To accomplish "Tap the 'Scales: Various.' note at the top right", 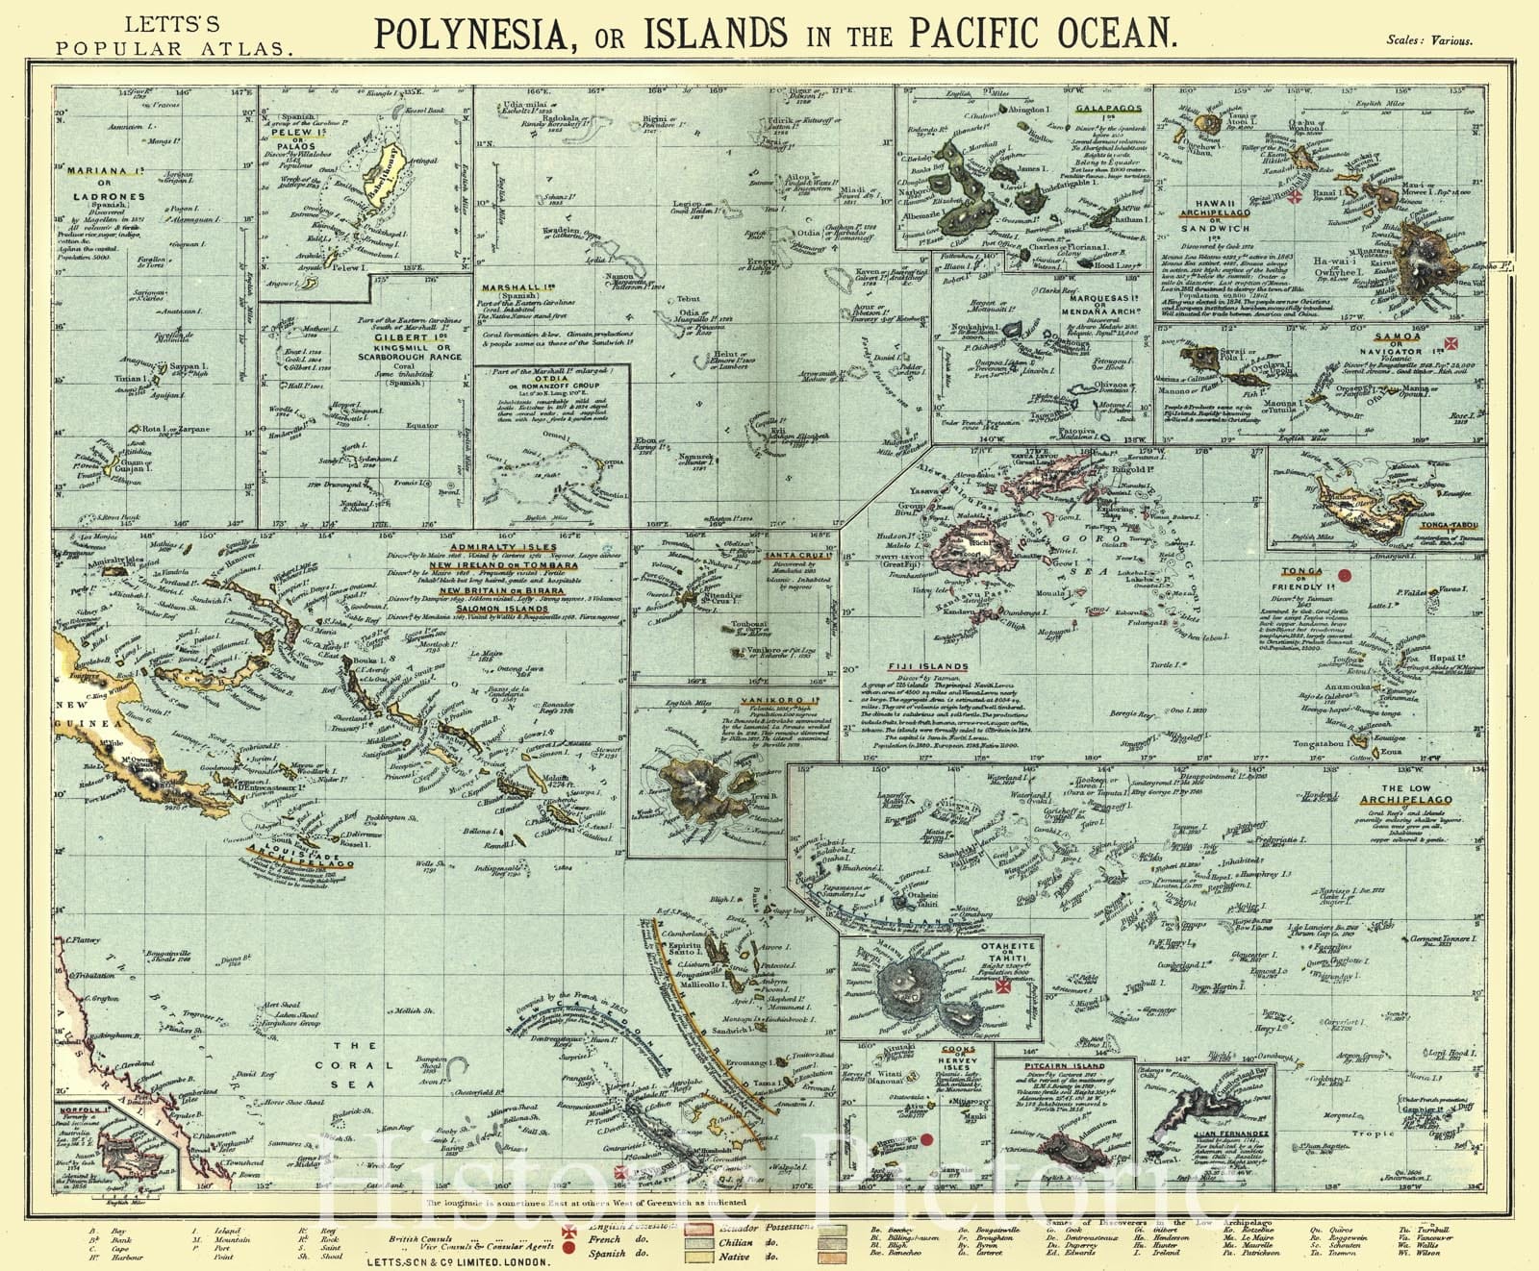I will pyautogui.click(x=1429, y=40).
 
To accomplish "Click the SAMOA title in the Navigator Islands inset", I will pyautogui.click(x=1397, y=336).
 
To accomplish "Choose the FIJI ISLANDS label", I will pyautogui.click(x=928, y=666).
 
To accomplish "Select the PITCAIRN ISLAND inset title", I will pyautogui.click(x=1064, y=1066).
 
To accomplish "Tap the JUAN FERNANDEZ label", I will pyautogui.click(x=1230, y=1134).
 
